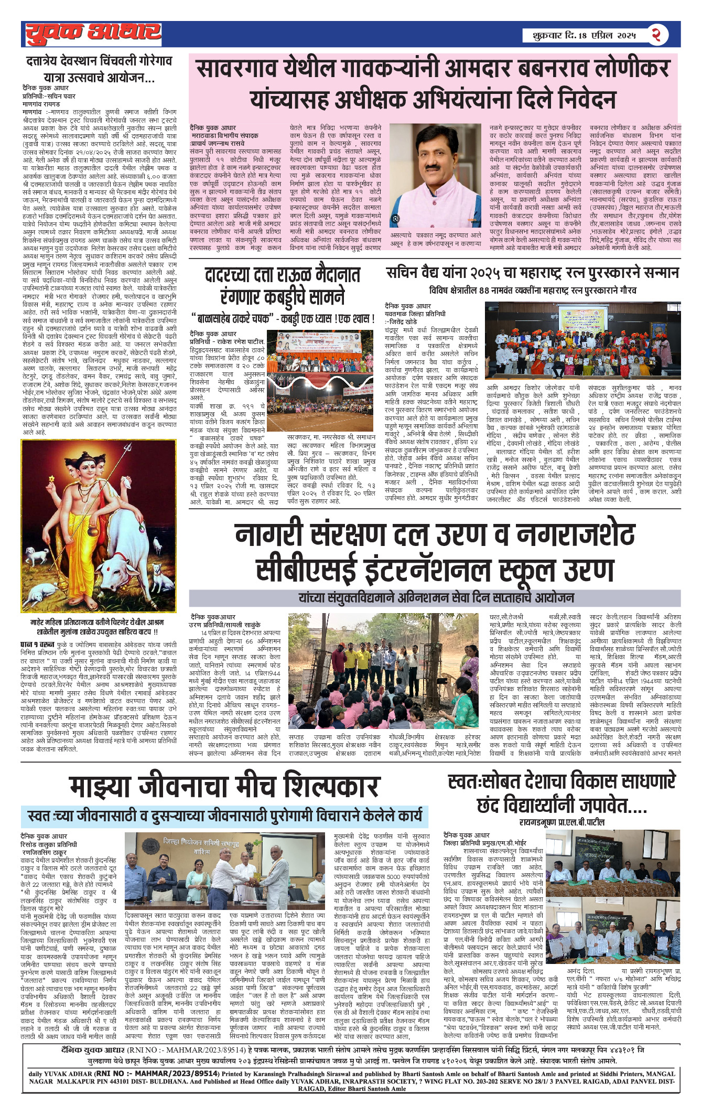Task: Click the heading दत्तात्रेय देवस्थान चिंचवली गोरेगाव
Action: click(99, 61)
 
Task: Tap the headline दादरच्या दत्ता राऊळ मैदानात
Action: click(283, 275)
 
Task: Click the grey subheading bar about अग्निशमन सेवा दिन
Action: click(436, 597)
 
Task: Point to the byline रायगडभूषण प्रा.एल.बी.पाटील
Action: click(562, 822)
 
